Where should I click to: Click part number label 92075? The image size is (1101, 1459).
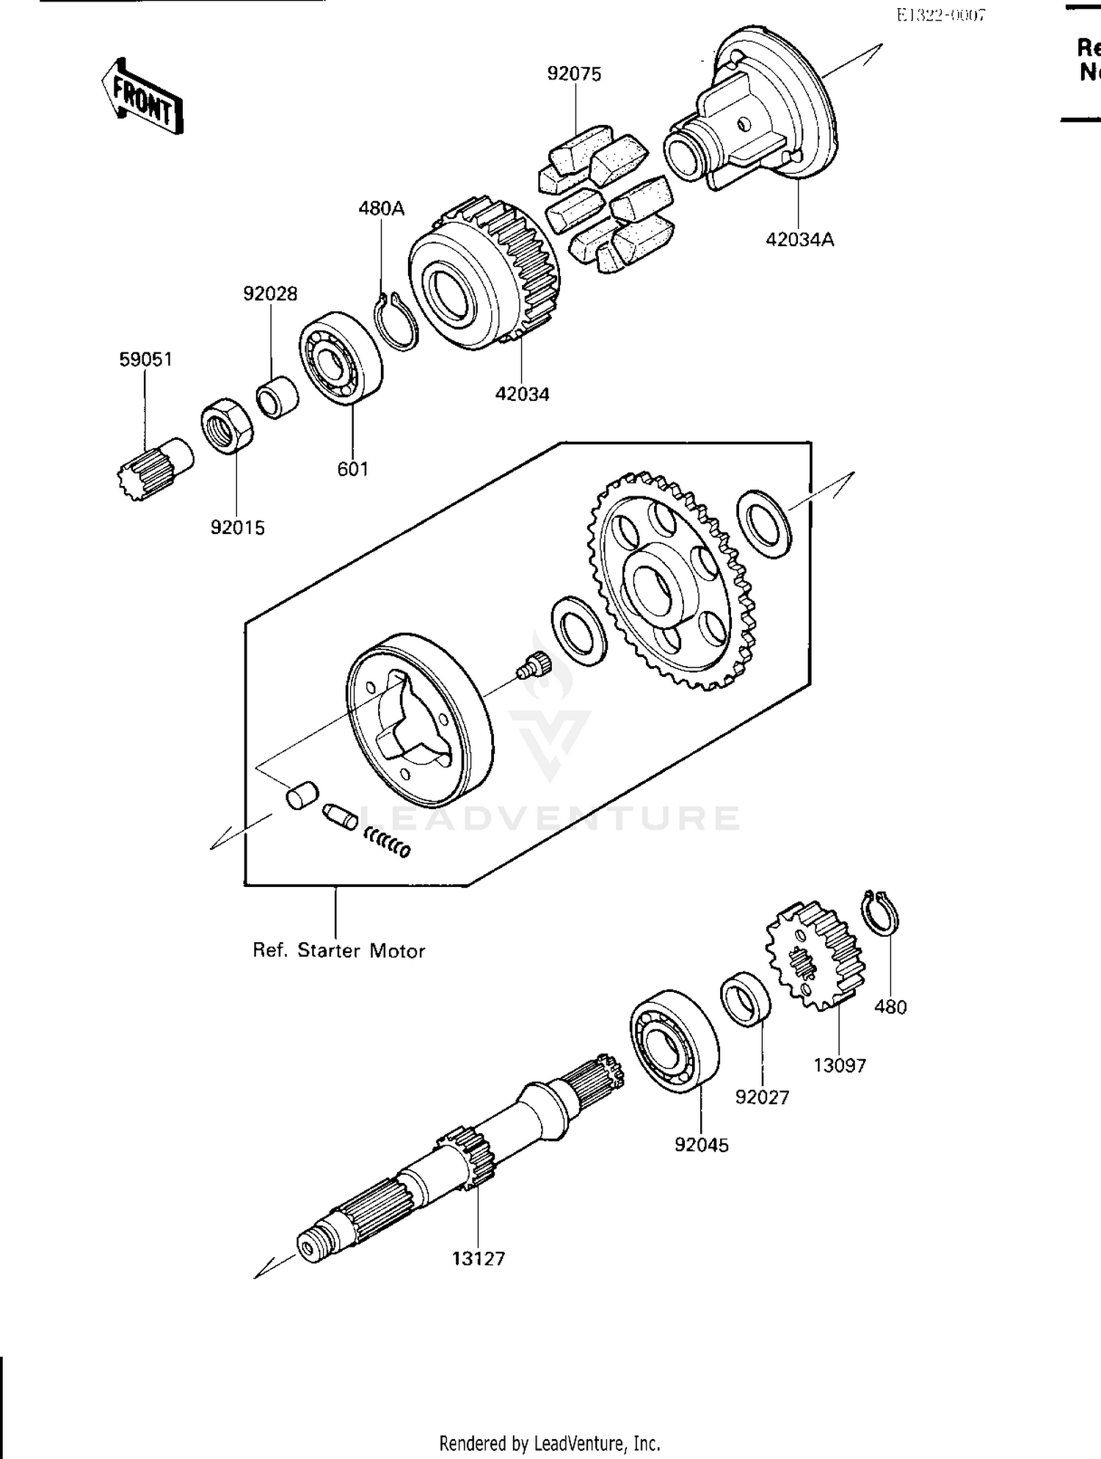tap(574, 74)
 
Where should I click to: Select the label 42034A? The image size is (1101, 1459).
tap(799, 240)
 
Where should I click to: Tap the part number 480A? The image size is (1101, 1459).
tap(381, 209)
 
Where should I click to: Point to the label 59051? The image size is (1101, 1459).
tap(145, 359)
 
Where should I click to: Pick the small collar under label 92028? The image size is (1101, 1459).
tap(277, 397)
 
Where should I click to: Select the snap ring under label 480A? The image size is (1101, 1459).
tap(397, 322)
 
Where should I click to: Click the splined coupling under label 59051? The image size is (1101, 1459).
tap(154, 468)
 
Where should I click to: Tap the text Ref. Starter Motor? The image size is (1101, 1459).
tap(338, 951)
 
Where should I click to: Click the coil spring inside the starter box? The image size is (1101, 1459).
tap(387, 842)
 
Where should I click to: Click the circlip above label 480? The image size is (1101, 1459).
tap(881, 913)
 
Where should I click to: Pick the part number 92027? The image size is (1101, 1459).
tap(762, 1097)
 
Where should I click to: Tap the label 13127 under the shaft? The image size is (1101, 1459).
tap(478, 1259)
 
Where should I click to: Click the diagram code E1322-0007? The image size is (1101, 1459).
tap(940, 15)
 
